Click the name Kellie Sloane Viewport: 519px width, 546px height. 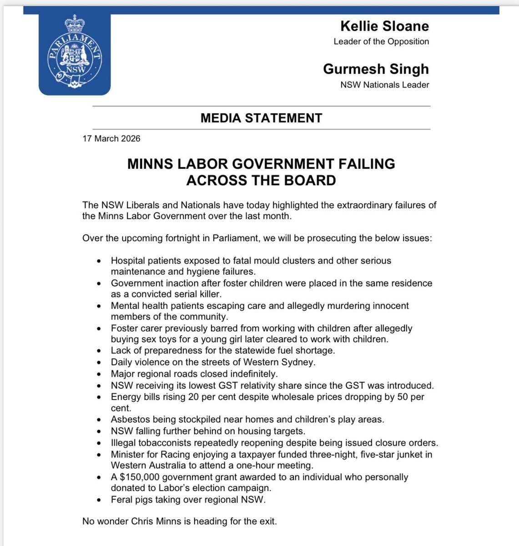(385, 26)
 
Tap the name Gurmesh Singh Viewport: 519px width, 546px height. (376, 69)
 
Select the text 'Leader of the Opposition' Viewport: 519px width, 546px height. (381, 41)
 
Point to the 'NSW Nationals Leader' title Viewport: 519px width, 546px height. (384, 85)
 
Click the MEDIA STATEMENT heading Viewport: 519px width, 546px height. (261, 118)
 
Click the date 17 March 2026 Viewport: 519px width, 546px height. (111, 139)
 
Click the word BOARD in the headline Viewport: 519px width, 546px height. (311, 180)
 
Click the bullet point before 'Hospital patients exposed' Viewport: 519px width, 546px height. (100, 261)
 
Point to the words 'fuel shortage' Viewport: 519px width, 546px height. (304, 351)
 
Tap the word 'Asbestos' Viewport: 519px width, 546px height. (129, 420)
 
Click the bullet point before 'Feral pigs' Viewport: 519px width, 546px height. (100, 500)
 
